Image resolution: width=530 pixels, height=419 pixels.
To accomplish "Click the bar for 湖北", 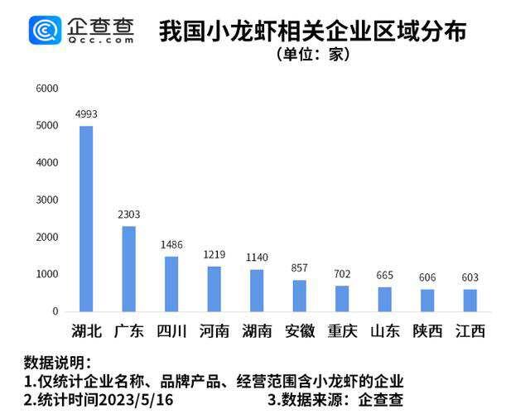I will [86, 219].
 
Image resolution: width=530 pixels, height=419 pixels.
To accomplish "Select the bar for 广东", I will [128, 269].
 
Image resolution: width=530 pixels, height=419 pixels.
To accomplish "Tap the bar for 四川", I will [171, 284].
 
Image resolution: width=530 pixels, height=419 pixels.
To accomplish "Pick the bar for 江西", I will [470, 301].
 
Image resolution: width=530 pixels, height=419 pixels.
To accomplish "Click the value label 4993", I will [86, 113].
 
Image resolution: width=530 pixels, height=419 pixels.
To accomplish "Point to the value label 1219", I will [214, 254].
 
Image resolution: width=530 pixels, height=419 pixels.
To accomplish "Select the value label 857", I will [300, 268].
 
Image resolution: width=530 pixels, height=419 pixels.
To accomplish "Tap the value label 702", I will [343, 274].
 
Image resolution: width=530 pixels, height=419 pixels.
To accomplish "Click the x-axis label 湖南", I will [257, 331].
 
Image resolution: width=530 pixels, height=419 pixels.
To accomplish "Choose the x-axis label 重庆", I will [343, 331].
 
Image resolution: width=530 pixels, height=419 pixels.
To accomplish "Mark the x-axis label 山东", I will [385, 331].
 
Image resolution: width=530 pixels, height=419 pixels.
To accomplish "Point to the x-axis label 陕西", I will [428, 331].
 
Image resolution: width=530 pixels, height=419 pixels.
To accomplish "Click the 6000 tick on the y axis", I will [46, 89].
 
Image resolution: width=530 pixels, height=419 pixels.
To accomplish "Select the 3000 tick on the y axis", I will [46, 200].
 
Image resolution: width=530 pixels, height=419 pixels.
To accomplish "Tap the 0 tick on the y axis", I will [55, 311].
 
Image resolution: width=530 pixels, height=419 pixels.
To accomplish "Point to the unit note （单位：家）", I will [313, 55].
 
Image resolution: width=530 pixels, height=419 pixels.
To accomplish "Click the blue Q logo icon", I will [45, 31].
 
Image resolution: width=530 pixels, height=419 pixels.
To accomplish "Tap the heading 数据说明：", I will [57, 363].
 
